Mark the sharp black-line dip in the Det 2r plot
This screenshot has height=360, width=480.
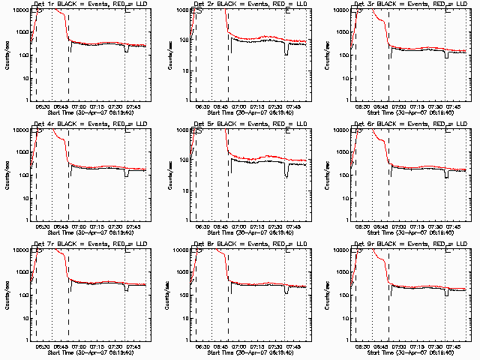(x=286, y=51)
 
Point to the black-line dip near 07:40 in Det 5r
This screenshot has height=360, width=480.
(x=286, y=173)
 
